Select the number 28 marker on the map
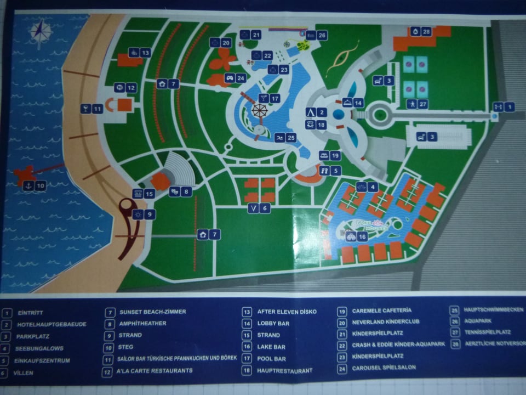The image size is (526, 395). click(x=421, y=32)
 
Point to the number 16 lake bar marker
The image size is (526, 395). click(x=356, y=237)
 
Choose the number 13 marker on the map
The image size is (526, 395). click(x=139, y=53)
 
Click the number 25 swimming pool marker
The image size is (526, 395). click(x=285, y=138)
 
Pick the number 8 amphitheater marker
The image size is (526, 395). click(x=180, y=191)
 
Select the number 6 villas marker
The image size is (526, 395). click(x=258, y=208)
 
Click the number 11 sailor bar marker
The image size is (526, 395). click(x=92, y=109)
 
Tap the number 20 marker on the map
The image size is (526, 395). click(x=221, y=42)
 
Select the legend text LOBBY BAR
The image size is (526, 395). click(x=273, y=324)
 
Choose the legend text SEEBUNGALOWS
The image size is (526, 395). click(x=40, y=348)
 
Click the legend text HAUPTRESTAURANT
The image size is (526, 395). click(x=285, y=371)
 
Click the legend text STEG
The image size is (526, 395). click(x=126, y=347)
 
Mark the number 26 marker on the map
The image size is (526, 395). click(x=316, y=35)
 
